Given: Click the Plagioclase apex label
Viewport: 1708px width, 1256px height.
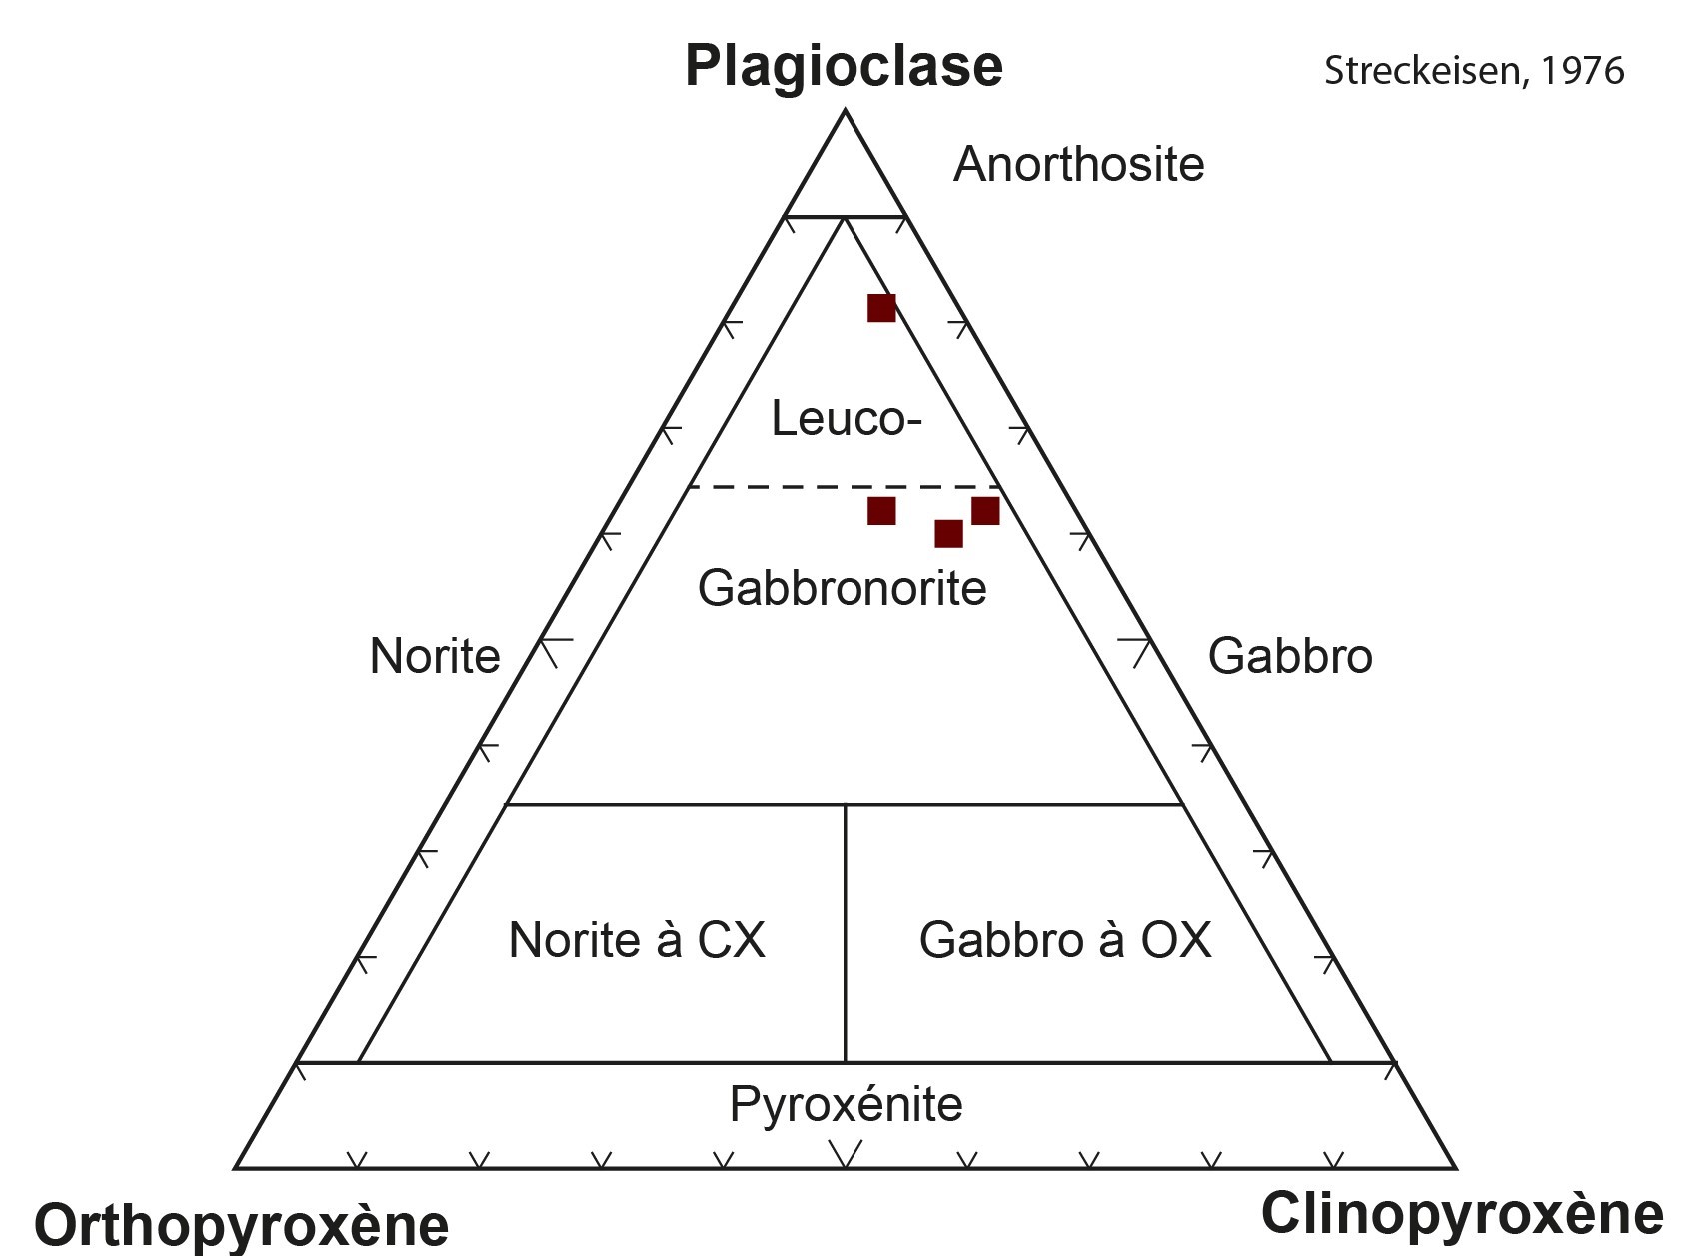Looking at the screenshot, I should click(x=844, y=67).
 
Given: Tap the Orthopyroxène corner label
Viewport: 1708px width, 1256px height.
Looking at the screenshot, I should click(x=241, y=1225).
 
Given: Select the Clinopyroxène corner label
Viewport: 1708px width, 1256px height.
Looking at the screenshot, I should click(x=1461, y=1214).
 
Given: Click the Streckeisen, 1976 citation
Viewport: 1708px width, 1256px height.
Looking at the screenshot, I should click(x=1473, y=71).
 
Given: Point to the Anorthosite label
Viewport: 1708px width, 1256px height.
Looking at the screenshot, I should click(x=1078, y=165).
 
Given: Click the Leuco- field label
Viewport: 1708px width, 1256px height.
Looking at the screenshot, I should click(x=846, y=418).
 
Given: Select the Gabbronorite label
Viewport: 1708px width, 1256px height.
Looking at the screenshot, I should click(x=842, y=588).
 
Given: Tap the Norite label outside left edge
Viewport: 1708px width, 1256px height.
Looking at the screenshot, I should click(x=435, y=657).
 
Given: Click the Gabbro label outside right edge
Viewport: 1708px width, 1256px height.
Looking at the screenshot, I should click(x=1289, y=657).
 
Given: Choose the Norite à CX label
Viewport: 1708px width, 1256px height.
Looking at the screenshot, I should click(x=637, y=941).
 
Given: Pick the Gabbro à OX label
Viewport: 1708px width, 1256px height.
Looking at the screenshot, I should click(x=1064, y=941).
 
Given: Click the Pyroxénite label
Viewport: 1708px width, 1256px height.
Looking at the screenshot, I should click(x=846, y=1105).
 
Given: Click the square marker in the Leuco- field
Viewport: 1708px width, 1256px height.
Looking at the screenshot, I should click(x=881, y=308).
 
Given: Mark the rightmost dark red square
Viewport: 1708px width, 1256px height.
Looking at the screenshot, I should click(x=985, y=510).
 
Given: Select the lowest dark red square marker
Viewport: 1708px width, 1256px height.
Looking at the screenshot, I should click(x=948, y=534).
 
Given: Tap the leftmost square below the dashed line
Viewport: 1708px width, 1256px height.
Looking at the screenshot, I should click(x=881, y=511).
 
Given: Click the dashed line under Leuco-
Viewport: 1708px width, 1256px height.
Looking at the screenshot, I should click(x=780, y=487).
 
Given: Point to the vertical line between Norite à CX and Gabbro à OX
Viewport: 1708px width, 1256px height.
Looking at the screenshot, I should click(x=846, y=930).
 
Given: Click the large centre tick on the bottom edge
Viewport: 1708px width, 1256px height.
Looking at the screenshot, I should click(x=846, y=1155).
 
